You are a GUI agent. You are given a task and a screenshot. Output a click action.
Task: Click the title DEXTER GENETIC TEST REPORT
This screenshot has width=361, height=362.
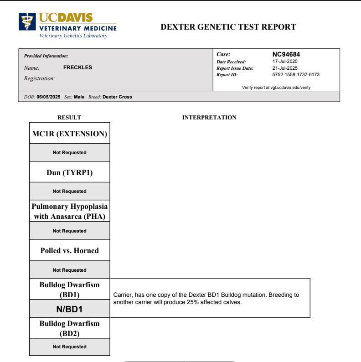tap(228, 27)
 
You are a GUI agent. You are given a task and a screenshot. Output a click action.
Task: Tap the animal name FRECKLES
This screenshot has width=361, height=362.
tap(77, 67)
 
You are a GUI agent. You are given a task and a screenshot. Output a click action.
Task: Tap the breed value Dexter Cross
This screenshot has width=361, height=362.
tap(118, 96)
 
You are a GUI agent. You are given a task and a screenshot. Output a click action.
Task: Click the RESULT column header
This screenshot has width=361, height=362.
tap(69, 118)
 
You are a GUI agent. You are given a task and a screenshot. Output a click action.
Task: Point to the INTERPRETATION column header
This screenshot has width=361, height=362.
tap(209, 118)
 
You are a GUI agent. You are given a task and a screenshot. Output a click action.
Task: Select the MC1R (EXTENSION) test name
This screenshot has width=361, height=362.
tap(69, 134)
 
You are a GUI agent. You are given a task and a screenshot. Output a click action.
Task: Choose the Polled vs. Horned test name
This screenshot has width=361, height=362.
tap(69, 251)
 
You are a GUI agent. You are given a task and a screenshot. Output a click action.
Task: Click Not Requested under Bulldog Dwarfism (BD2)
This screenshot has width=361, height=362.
tap(69, 346)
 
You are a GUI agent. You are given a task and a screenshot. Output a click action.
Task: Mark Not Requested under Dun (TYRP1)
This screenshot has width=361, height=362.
tap(69, 191)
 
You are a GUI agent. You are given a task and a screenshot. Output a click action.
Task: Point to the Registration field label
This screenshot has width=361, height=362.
tap(38, 78)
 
